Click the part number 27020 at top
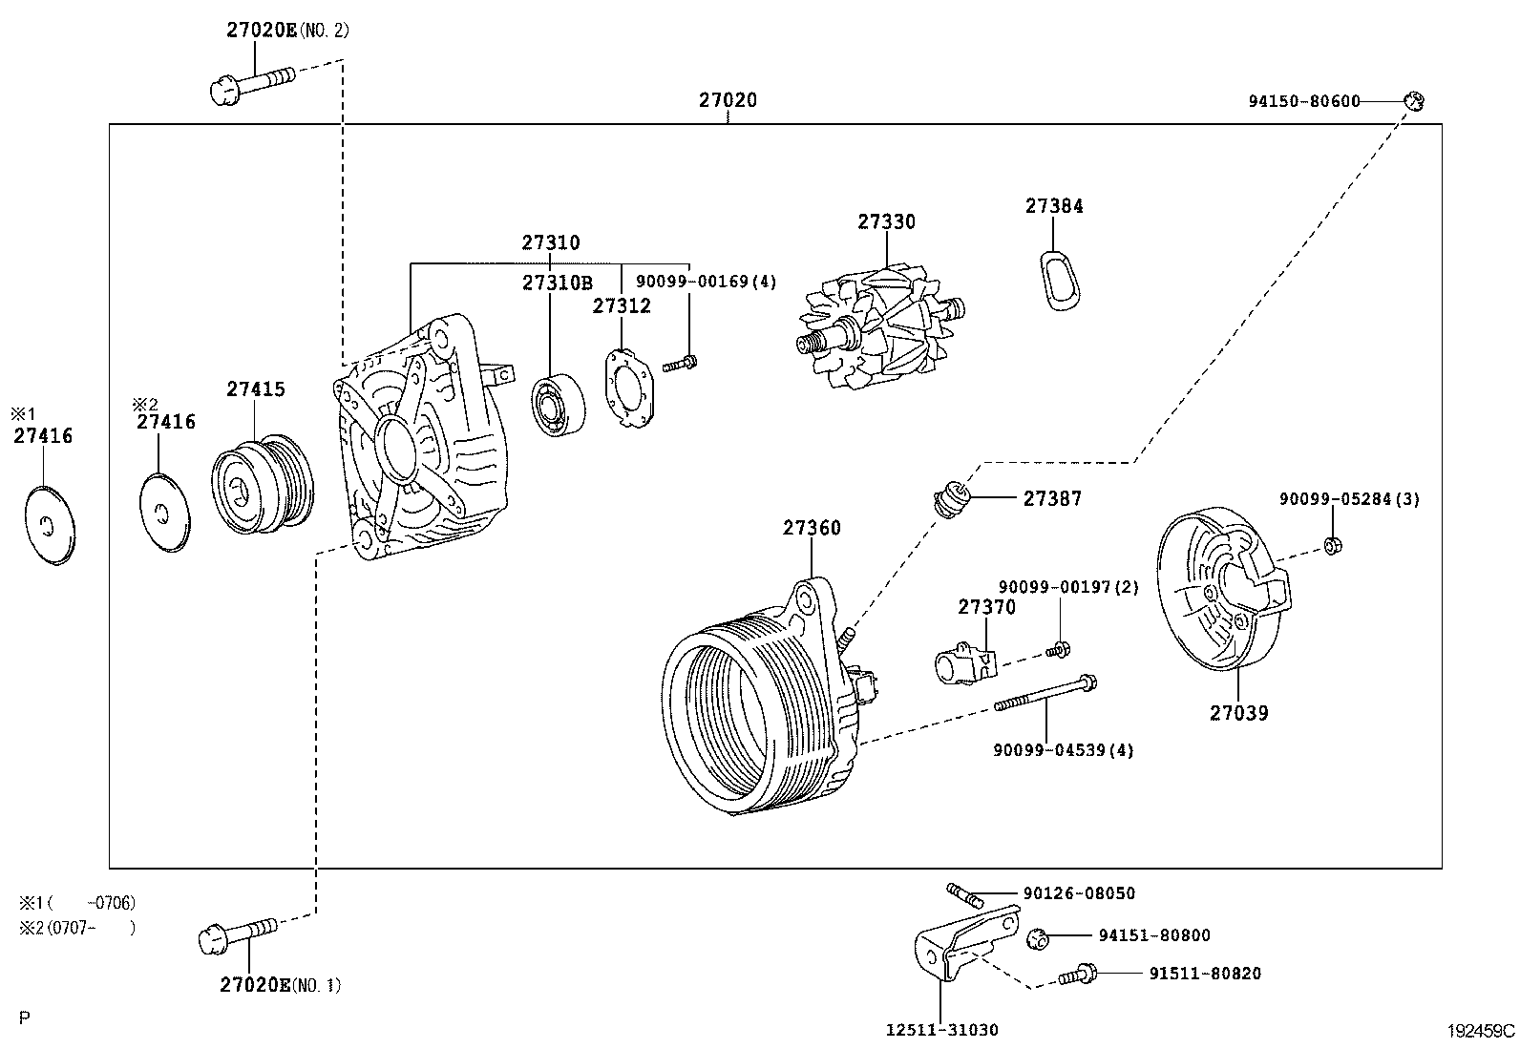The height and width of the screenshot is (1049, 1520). tap(728, 100)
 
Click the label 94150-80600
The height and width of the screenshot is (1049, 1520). tap(1303, 100)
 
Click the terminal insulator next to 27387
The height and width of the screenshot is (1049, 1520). tap(952, 499)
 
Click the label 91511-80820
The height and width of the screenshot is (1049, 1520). tap(1204, 974)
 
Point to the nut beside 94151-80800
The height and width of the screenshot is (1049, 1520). tap(1038, 937)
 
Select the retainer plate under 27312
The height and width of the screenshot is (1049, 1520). tap(628, 388)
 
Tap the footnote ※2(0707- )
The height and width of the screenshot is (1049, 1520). tap(76, 927)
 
